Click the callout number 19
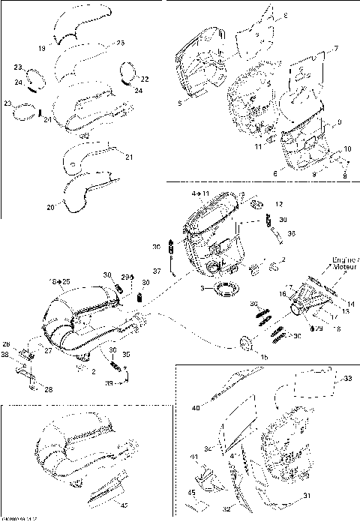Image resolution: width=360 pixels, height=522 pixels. pyautogui.click(x=42, y=49)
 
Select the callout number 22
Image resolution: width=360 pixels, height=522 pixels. pyautogui.click(x=145, y=79)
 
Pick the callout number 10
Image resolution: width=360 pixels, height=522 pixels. pyautogui.click(x=347, y=148)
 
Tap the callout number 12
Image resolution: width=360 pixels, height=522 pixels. pyautogui.click(x=279, y=204)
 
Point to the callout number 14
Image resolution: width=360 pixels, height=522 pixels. pyautogui.click(x=350, y=303)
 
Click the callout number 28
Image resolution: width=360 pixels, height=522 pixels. pyautogui.click(x=49, y=390)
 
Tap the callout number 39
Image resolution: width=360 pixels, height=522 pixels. pyautogui.click(x=109, y=383)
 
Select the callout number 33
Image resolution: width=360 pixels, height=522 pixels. pyautogui.click(x=347, y=379)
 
